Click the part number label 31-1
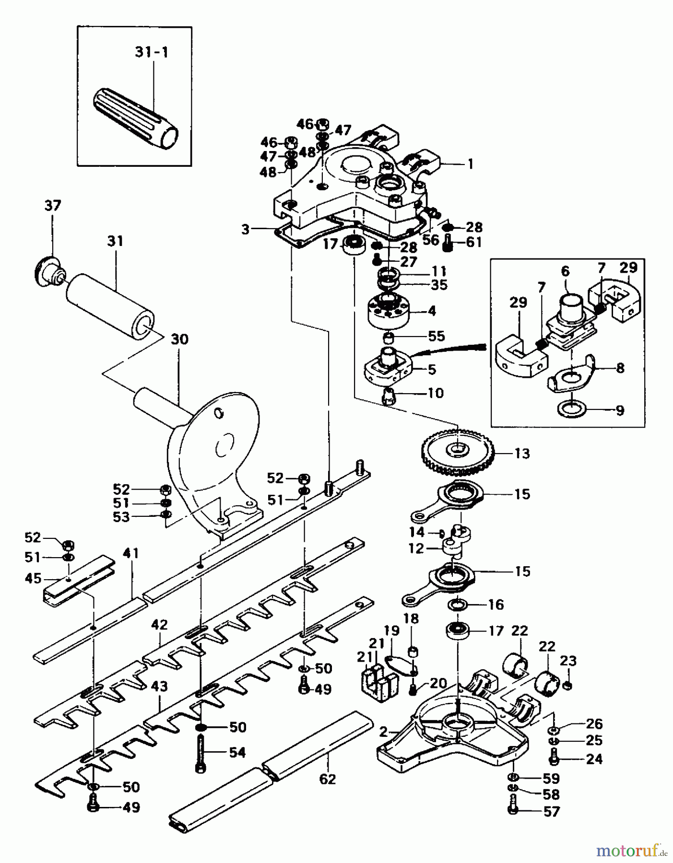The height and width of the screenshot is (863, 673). [x=152, y=52]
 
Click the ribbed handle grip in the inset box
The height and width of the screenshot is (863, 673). [x=135, y=118]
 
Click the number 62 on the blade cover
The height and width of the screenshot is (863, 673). [x=328, y=779]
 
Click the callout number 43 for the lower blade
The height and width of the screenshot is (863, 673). [x=159, y=686]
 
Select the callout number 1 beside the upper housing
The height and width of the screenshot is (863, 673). [x=470, y=164]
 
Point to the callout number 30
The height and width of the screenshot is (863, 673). [x=179, y=339]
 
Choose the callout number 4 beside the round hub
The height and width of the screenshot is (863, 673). [x=432, y=311]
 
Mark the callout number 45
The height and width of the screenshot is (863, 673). [x=33, y=578]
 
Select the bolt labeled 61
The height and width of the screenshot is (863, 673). [x=448, y=243]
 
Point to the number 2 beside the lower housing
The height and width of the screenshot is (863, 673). [x=383, y=732]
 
